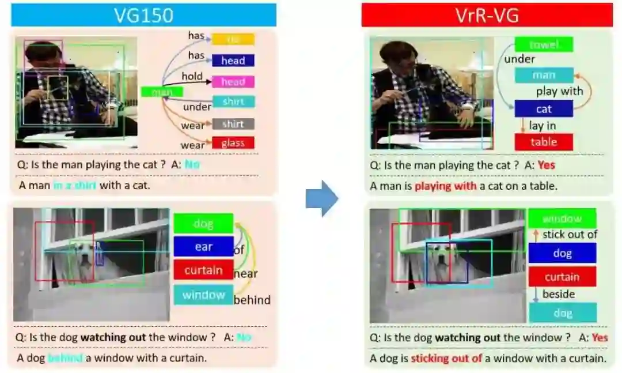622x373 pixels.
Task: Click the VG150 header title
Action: click(x=143, y=15)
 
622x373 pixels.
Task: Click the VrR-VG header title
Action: click(x=487, y=15)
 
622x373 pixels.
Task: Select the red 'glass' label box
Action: click(x=233, y=143)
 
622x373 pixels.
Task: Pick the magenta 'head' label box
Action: click(x=233, y=82)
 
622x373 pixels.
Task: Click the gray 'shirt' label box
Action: click(x=233, y=124)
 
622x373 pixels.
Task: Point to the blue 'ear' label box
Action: click(x=203, y=247)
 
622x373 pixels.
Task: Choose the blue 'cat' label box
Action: click(x=544, y=108)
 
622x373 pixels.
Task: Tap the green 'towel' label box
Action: click(x=544, y=44)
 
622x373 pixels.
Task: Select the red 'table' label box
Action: click(x=544, y=142)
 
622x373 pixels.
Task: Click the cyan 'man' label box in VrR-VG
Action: click(x=544, y=75)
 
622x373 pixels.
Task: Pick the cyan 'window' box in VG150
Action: click(x=203, y=295)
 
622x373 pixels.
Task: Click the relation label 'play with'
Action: click(x=559, y=91)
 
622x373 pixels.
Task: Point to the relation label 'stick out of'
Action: click(x=570, y=234)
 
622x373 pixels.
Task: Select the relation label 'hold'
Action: click(x=192, y=76)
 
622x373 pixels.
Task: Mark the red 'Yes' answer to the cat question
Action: click(x=546, y=165)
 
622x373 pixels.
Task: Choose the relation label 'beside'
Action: click(x=559, y=294)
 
